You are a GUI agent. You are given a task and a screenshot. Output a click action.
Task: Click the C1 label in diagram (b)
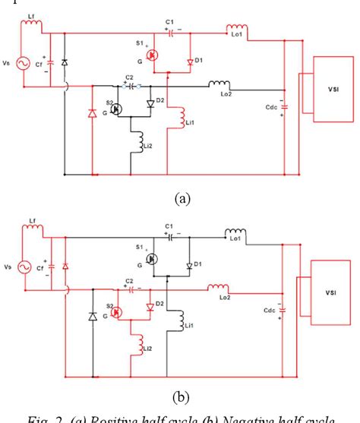[170, 226]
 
